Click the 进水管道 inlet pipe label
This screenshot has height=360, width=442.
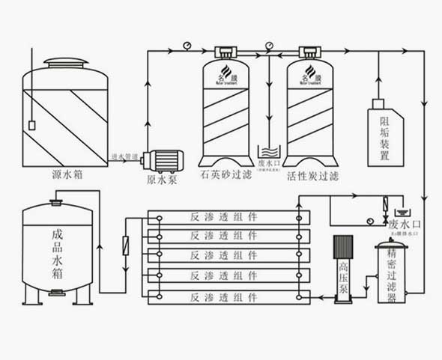click(x=124, y=156)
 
